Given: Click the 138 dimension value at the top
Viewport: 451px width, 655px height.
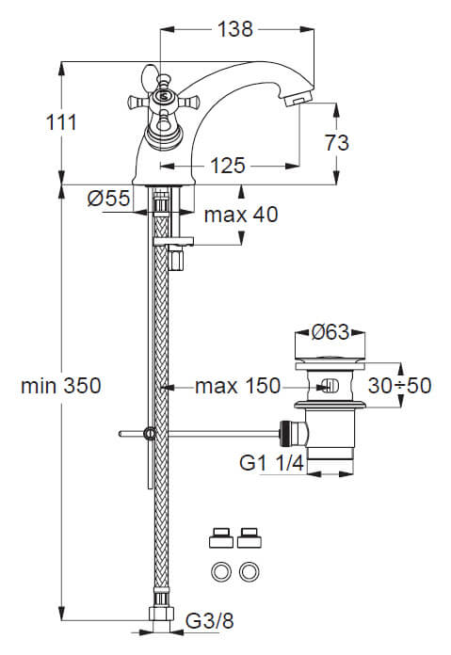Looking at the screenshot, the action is pyautogui.click(x=234, y=30).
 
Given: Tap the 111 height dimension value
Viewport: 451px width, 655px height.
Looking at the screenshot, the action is pyautogui.click(x=61, y=122).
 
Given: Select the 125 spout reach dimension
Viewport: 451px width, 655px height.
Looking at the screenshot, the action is pyautogui.click(x=227, y=166).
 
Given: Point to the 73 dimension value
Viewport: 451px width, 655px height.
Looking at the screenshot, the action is pyautogui.click(x=336, y=143).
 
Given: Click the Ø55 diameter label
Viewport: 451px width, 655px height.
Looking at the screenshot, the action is pyautogui.click(x=108, y=198).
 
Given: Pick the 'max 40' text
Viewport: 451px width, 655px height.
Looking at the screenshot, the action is pyautogui.click(x=241, y=215).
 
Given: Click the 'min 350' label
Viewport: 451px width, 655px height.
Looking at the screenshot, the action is pyautogui.click(x=61, y=386).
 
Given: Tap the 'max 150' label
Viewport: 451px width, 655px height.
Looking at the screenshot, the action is pyautogui.click(x=237, y=386).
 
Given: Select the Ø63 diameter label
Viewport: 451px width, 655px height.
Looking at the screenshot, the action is pyautogui.click(x=330, y=332).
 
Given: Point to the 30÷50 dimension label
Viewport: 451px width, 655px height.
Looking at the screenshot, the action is pyautogui.click(x=399, y=385).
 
